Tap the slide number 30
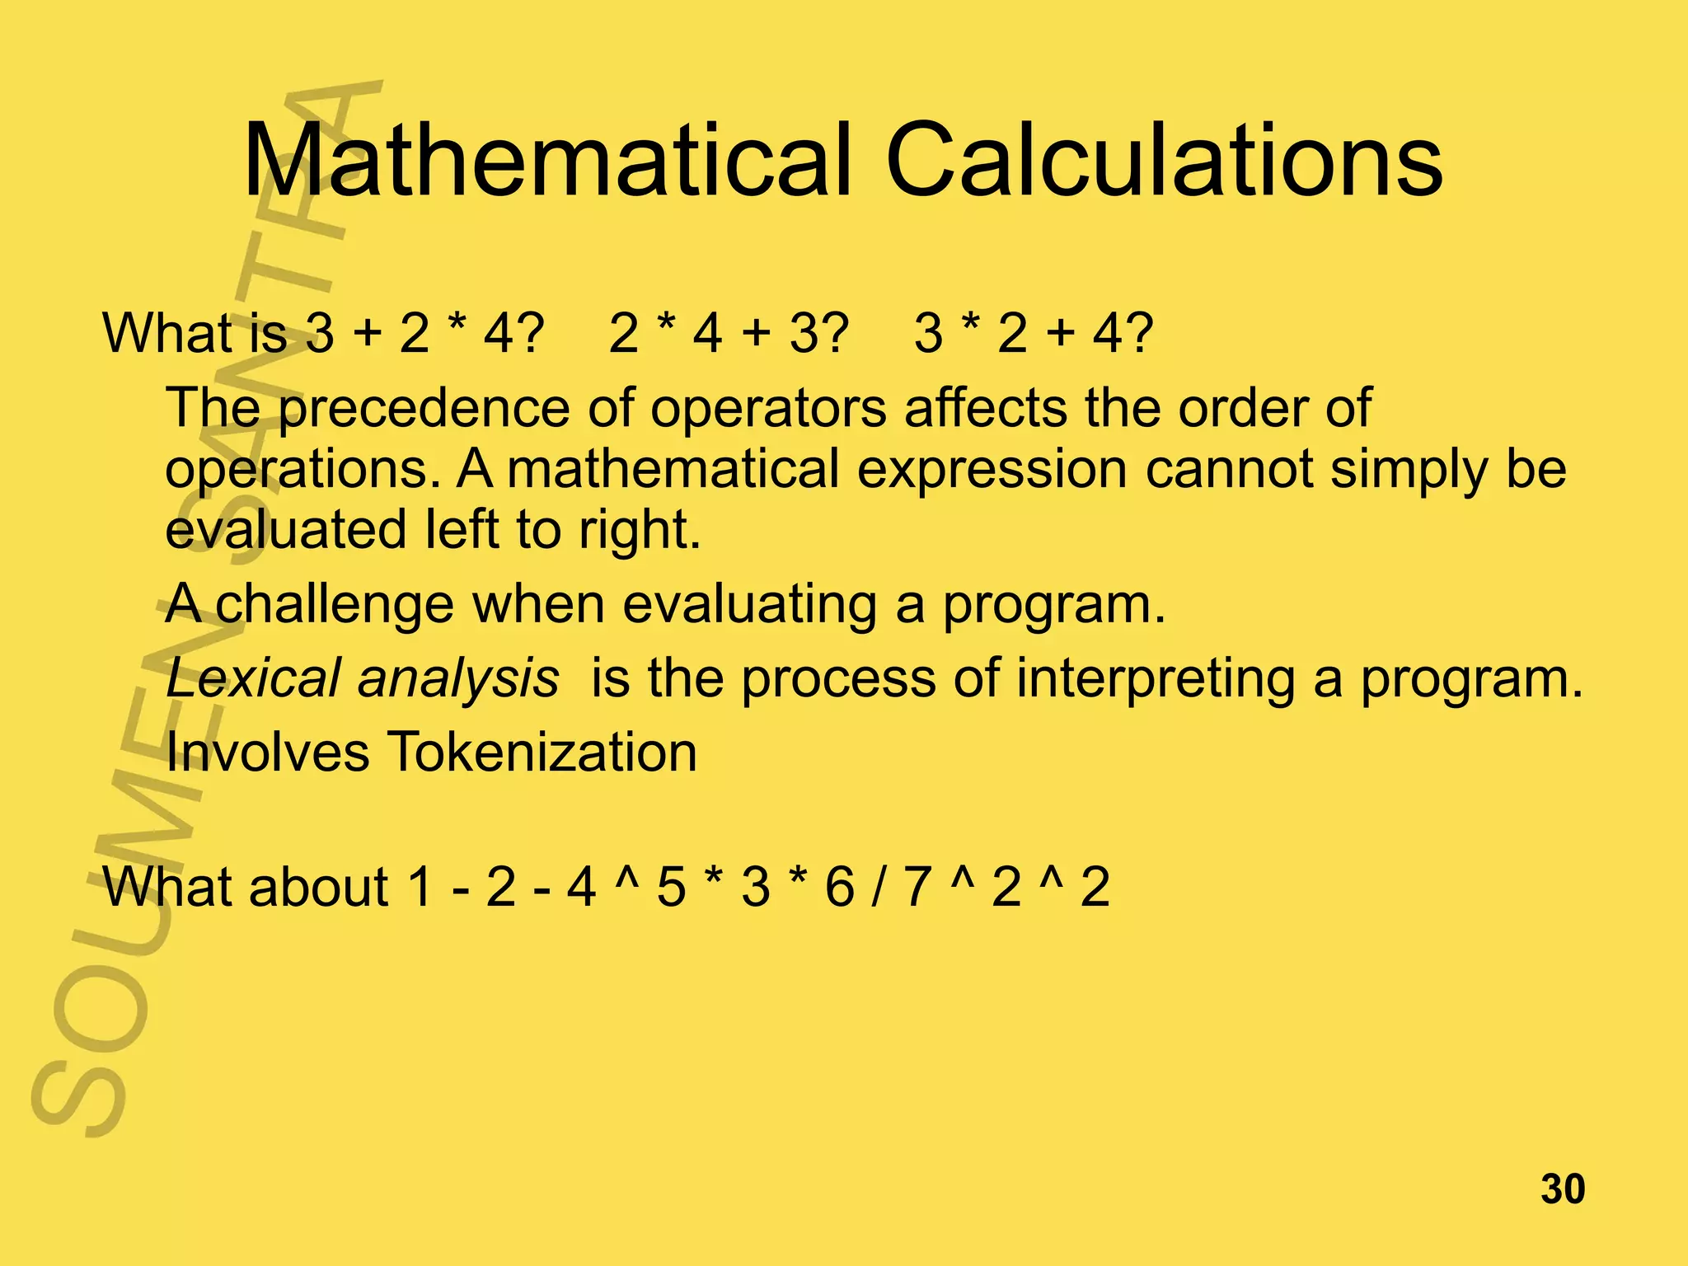click(x=1563, y=1190)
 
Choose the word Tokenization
click(x=542, y=752)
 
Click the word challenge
click(x=335, y=605)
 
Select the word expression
click(x=992, y=469)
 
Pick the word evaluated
click(x=285, y=529)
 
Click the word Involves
click(x=267, y=752)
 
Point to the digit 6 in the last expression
click(x=840, y=888)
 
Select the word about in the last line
click(x=318, y=888)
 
